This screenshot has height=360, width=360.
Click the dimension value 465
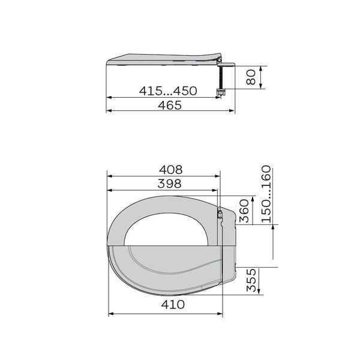click(x=170, y=105)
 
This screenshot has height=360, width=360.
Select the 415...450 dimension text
click(x=168, y=91)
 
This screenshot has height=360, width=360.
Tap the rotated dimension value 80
click(x=250, y=77)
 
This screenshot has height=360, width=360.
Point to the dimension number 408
click(x=171, y=170)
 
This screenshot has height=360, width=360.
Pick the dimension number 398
click(x=169, y=184)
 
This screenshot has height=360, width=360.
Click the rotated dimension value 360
click(x=244, y=211)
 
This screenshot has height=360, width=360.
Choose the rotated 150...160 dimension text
click(x=266, y=194)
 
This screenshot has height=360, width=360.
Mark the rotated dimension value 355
click(x=251, y=280)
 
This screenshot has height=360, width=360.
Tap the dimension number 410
click(x=173, y=305)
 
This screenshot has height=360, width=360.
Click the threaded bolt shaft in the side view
click(x=221, y=78)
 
